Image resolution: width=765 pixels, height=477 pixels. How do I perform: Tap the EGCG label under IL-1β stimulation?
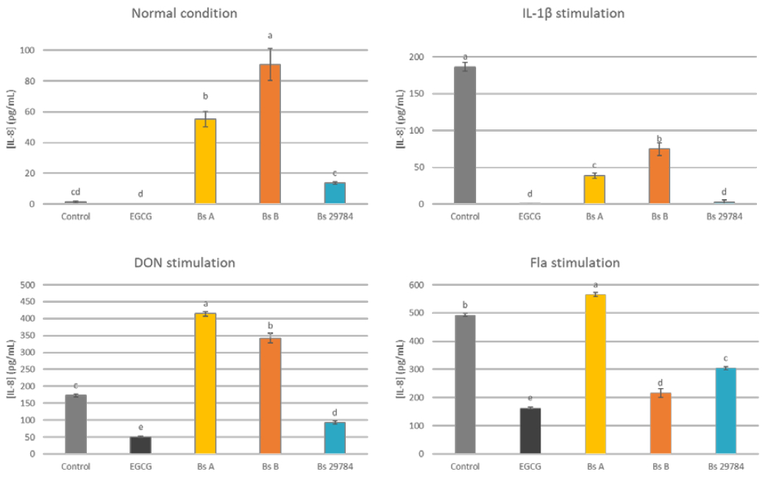pyautogui.click(x=530, y=217)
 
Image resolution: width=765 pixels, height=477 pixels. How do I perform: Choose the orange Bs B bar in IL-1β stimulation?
pyautogui.click(x=658, y=176)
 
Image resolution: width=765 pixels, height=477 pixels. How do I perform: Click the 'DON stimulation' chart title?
pyautogui.click(x=184, y=263)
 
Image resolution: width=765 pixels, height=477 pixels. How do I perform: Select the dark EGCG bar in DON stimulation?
pyautogui.click(x=140, y=445)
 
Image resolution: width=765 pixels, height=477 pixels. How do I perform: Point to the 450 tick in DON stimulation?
pyautogui.click(x=27, y=301)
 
